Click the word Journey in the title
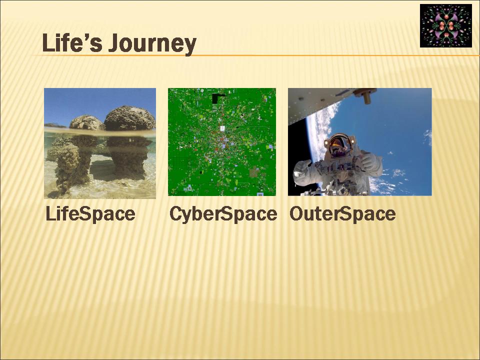tap(152, 44)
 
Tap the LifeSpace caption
tap(90, 213)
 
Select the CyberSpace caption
tap(223, 213)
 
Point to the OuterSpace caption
tap(342, 213)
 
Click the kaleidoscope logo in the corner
tap(445, 25)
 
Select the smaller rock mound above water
tap(87, 122)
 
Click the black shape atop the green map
tap(217, 98)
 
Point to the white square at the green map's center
tap(222, 128)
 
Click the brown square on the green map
tap(254, 173)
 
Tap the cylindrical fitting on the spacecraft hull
tap(365, 95)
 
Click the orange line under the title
tap(255, 55)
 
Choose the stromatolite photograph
tap(100, 143)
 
